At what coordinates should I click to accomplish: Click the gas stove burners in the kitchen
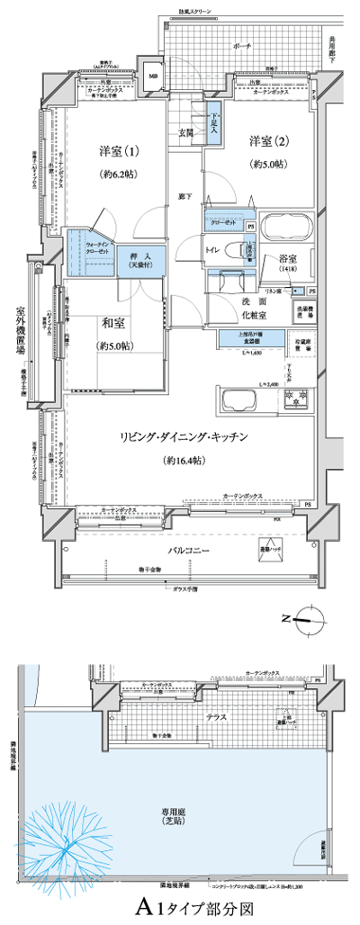point(296,397)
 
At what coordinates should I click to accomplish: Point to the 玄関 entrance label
point(186,132)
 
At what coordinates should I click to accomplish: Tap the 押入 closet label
point(139,256)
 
